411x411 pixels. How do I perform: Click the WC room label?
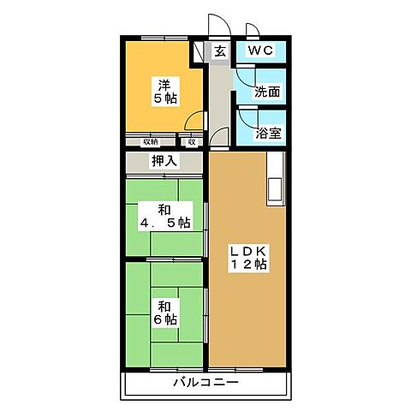tap(260, 51)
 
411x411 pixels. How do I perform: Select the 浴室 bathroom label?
tap(269, 134)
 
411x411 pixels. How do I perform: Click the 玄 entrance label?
tap(220, 51)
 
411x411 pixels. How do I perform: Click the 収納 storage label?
tap(150, 141)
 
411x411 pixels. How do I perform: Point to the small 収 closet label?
tap(191, 141)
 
